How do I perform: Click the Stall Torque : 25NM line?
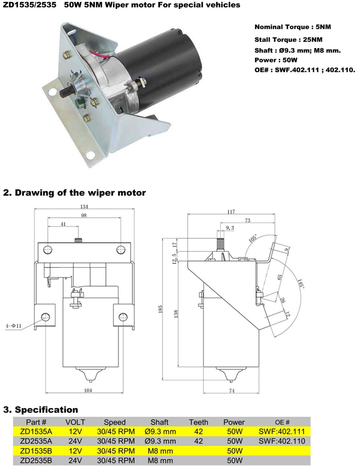coord(288,39)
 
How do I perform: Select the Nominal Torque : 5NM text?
coord(292,27)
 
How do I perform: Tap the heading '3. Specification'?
coord(40,409)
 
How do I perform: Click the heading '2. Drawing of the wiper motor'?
coord(74,193)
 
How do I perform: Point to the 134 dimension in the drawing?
coord(84,207)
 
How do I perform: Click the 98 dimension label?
coord(84,215)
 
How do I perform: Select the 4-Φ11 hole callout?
coord(13,326)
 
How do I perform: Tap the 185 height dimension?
coord(161,309)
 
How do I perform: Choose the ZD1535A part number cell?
coord(36,431)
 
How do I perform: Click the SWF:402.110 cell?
coord(282,441)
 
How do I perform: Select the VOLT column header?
coord(75,422)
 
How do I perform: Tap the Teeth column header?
coord(198,422)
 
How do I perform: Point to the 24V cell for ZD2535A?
coord(75,441)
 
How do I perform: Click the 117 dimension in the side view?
coord(231,212)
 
